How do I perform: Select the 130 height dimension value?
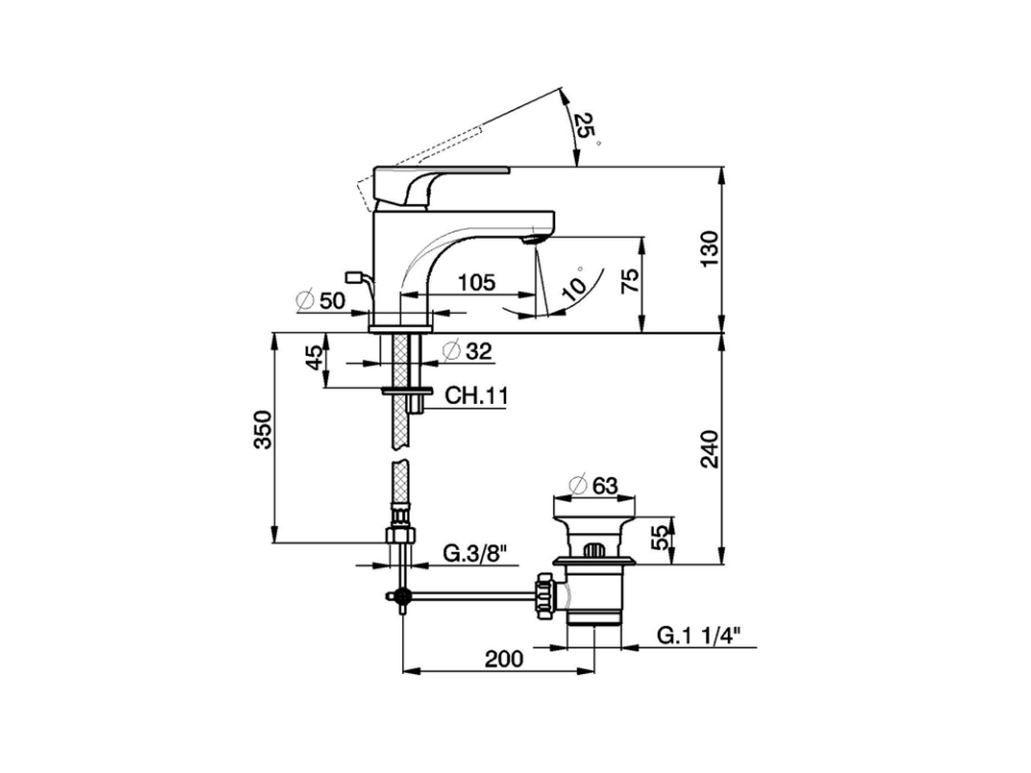[709, 249]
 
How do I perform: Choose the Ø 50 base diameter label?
[321, 300]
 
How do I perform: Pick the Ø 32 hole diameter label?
[467, 351]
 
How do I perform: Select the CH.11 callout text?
[476, 396]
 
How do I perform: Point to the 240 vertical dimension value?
[709, 449]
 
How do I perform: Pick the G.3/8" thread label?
[475, 553]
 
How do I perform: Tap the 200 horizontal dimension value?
[503, 659]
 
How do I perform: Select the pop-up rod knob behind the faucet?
[353, 277]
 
